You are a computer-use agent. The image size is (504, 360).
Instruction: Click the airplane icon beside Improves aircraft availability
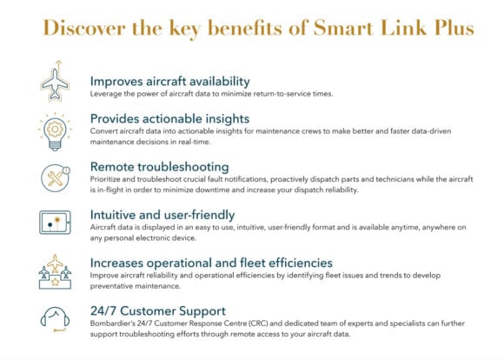coord(55,81)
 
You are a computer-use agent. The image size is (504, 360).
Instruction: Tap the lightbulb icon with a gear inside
coord(55,132)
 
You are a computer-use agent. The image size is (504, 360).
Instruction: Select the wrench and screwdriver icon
coord(56,178)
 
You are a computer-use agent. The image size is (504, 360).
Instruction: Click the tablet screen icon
coord(55,223)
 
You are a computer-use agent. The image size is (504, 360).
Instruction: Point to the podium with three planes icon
coord(55,272)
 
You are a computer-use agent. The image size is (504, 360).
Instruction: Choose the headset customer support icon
coord(55,319)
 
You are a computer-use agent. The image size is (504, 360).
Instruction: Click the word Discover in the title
coord(84,28)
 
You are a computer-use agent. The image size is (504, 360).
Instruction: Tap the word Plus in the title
coord(454,28)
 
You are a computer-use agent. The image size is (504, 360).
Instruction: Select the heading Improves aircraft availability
coord(170,81)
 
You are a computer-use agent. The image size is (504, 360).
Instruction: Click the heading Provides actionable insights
coord(169,119)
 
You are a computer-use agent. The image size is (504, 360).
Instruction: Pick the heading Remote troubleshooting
coord(159,167)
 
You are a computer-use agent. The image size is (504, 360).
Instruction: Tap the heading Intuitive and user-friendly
coord(162,215)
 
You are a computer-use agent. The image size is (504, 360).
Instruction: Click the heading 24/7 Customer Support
coord(158,311)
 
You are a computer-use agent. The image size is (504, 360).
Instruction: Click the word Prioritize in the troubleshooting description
coord(105,179)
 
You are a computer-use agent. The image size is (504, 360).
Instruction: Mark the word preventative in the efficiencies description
coord(111,286)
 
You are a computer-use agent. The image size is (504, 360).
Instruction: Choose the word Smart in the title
coord(343,28)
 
